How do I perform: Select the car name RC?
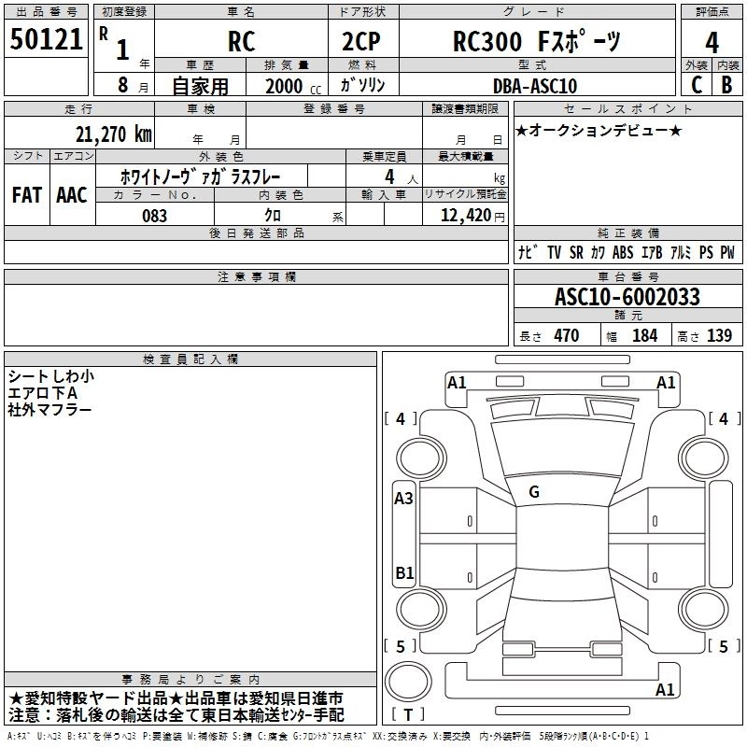click(241, 42)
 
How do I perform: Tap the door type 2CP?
click(363, 42)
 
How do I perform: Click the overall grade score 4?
click(712, 42)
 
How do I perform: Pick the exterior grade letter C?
click(696, 85)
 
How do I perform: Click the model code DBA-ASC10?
click(535, 86)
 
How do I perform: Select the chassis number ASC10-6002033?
click(627, 297)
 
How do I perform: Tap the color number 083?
click(155, 216)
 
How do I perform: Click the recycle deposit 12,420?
click(466, 216)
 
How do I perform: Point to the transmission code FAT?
click(26, 195)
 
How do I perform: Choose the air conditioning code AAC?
click(72, 195)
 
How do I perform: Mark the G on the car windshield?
click(534, 492)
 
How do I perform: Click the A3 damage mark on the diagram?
click(403, 499)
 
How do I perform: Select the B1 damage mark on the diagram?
click(403, 571)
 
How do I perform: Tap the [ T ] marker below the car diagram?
click(408, 714)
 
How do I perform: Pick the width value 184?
click(644, 336)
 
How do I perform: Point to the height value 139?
click(719, 336)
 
